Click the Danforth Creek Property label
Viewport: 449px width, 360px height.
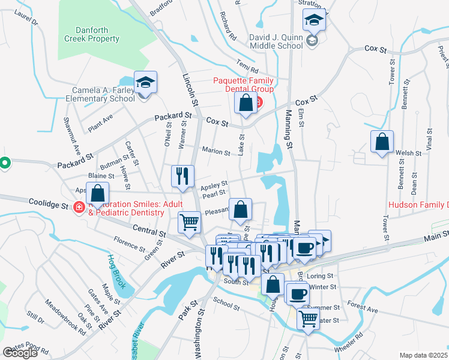coord(97,34)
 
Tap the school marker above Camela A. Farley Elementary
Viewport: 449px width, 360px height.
coord(145,83)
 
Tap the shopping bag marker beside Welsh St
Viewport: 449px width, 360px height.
coord(382,142)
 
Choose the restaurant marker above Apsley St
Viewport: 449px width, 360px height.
coord(182,176)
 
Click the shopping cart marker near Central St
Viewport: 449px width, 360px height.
coord(190,221)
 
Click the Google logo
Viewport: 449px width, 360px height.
coord(20,352)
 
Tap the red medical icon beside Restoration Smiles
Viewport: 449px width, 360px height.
coord(79,207)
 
